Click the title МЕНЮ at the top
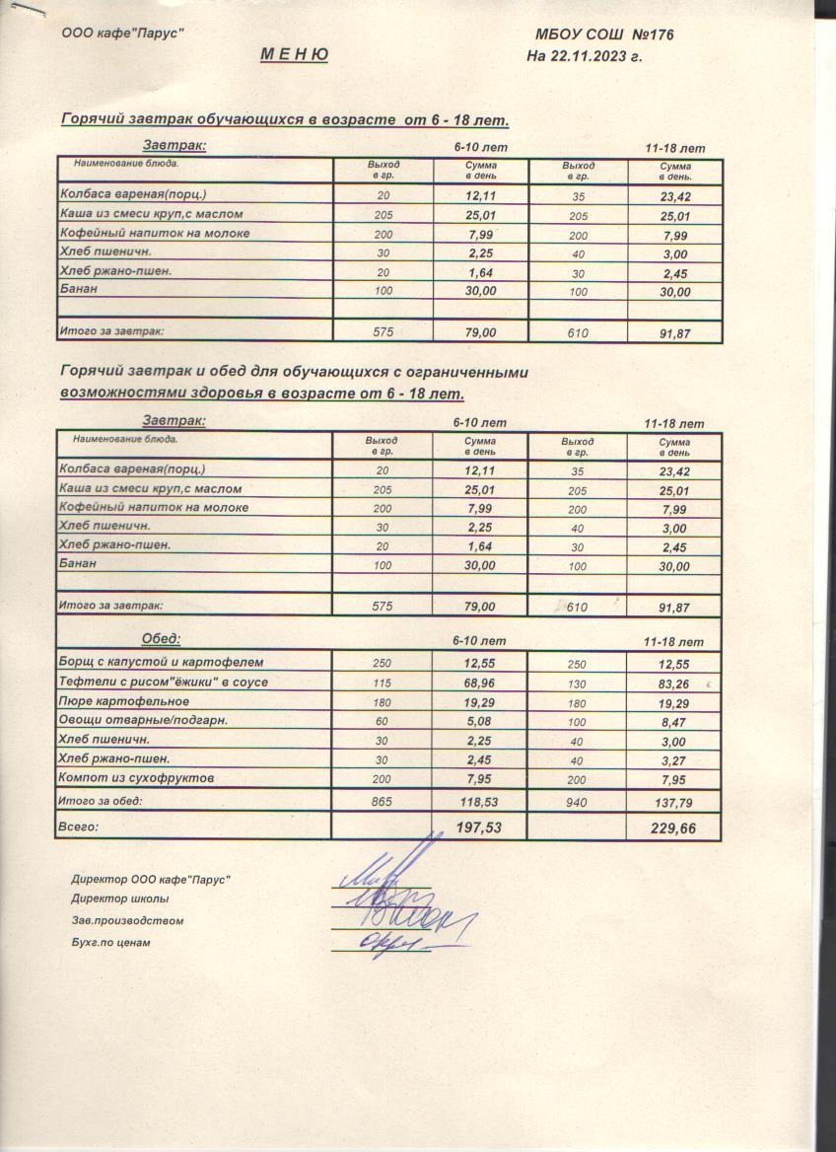point(294,55)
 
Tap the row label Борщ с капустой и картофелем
point(162,662)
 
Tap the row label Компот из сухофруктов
point(137,778)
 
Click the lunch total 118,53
point(478,803)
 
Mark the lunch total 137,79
point(673,803)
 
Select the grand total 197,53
point(478,828)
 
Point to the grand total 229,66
point(673,828)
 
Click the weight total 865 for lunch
point(382,802)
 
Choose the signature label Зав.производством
point(127,920)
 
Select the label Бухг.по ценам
point(110,942)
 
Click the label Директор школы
point(119,899)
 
